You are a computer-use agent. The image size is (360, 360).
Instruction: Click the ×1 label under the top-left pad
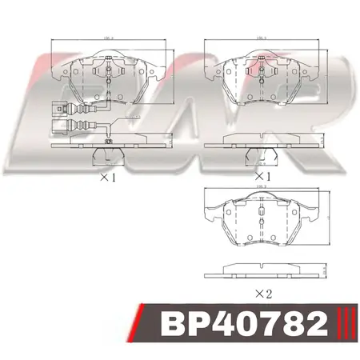108,178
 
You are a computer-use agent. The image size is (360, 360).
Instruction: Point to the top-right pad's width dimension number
261,37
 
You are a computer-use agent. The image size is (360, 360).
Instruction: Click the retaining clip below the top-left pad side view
105,155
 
